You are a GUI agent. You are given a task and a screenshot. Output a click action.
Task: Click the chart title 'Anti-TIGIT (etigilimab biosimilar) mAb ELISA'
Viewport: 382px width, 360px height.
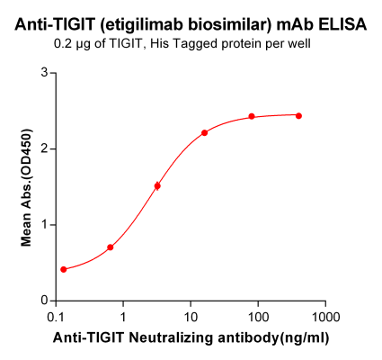(191, 25)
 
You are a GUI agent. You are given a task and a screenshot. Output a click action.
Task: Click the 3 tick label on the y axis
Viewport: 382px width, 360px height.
(43, 73)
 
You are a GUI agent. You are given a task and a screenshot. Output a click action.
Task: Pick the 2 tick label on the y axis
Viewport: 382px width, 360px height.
(43, 148)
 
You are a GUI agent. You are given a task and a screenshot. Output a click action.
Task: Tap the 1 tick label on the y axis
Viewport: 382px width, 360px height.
(43, 224)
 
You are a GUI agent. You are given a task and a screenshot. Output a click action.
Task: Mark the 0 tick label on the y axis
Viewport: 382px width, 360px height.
(43, 300)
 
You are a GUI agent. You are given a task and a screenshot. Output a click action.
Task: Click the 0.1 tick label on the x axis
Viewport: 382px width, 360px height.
(56, 318)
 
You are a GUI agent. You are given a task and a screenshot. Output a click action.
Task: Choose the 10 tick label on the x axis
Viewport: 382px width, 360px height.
(191, 318)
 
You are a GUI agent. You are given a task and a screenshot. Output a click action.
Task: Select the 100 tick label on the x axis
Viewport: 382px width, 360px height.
(258, 318)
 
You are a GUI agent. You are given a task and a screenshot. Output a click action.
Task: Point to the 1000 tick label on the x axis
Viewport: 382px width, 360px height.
(325, 318)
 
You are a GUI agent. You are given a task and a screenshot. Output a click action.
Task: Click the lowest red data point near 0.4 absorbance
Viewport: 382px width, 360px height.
(63, 269)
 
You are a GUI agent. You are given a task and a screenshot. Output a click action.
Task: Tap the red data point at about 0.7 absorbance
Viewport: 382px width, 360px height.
(111, 247)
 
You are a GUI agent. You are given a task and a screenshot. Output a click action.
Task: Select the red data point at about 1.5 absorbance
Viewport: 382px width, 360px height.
(157, 186)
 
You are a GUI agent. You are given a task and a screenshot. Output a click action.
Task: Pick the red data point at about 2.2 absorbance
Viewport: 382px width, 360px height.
(205, 133)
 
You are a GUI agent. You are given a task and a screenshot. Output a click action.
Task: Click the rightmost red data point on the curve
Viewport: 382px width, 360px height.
(298, 116)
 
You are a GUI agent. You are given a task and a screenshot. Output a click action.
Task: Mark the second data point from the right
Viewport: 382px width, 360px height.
(252, 117)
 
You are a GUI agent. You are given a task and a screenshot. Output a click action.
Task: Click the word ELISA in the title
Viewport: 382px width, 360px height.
(341, 25)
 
